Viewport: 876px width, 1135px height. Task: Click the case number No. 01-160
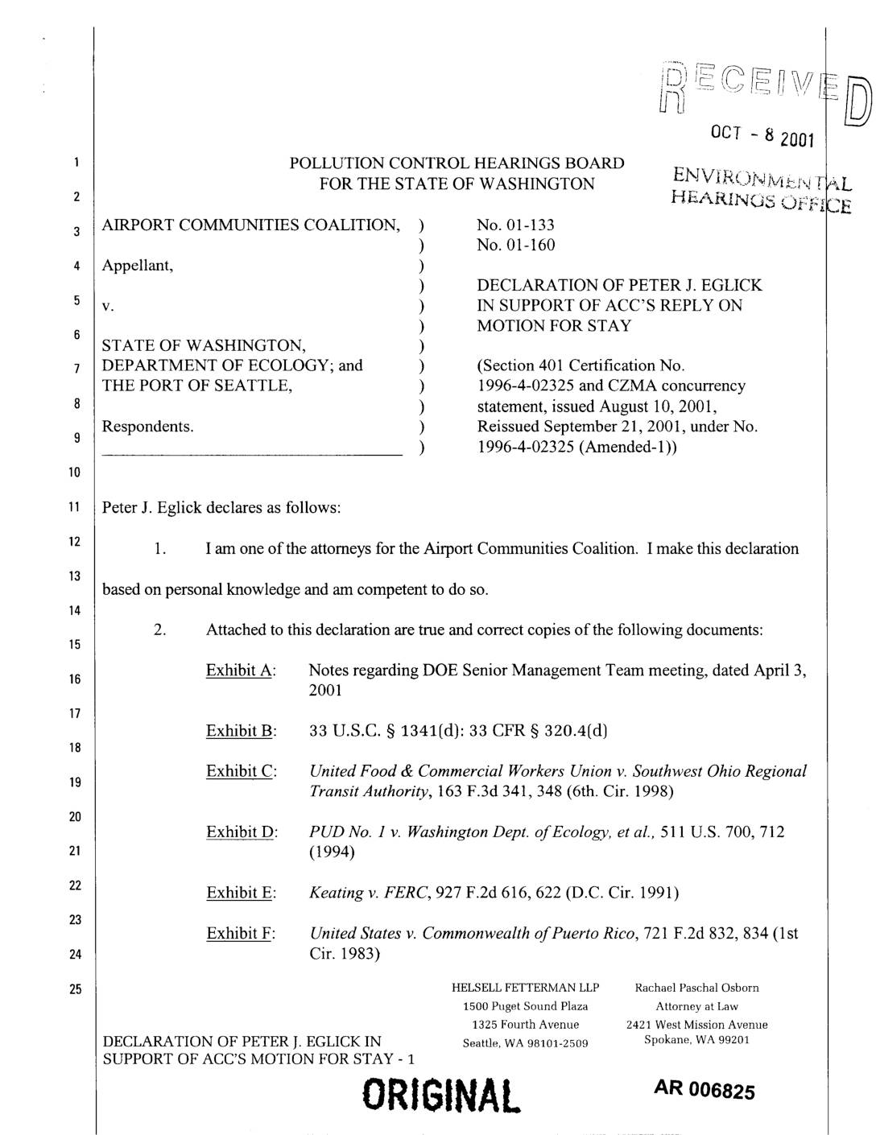[515, 245]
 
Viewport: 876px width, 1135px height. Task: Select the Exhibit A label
[241, 671]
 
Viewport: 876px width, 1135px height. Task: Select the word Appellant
[137, 265]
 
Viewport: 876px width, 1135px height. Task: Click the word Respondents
[147, 426]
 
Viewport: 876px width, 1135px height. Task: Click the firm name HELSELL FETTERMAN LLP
[525, 988]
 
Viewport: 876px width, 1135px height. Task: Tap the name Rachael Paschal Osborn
[696, 988]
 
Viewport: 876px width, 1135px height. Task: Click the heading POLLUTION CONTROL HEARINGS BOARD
[457, 163]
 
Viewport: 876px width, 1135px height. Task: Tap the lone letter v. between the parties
[108, 306]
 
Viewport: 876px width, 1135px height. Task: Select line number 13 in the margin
[75, 576]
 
